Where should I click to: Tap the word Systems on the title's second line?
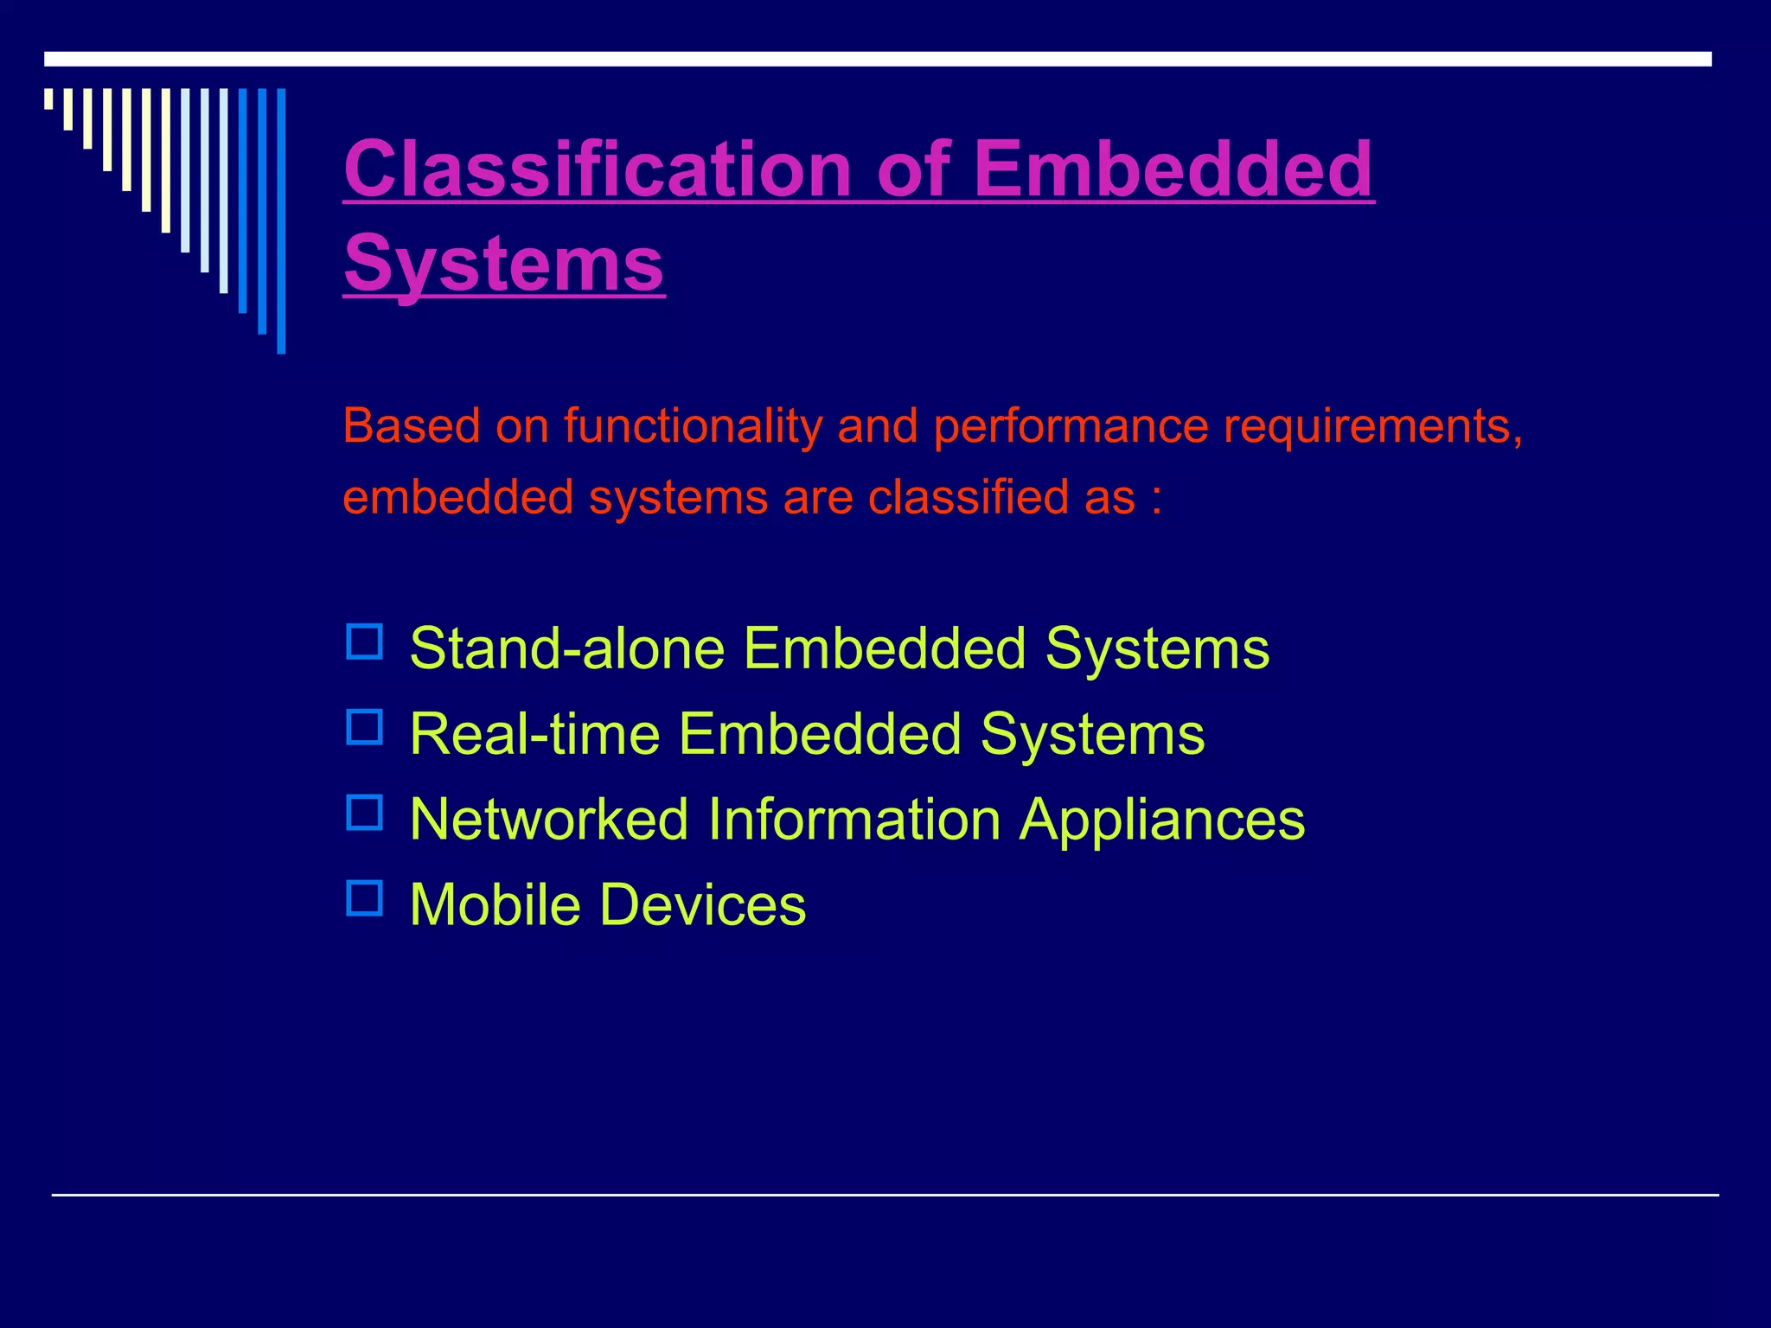tap(504, 263)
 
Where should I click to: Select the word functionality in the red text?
tap(693, 426)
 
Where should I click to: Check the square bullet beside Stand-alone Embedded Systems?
tap(364, 642)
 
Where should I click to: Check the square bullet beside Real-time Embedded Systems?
tap(364, 727)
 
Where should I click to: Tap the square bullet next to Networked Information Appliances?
tap(364, 813)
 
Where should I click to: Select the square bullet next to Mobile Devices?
tap(364, 898)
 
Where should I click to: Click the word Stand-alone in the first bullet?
tap(567, 648)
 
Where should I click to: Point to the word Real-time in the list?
tap(534, 734)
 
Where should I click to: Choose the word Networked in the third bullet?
tap(549, 819)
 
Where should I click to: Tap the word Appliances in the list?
tap(1161, 820)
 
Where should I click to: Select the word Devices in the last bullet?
tap(702, 905)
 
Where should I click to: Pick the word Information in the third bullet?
tap(854, 819)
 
